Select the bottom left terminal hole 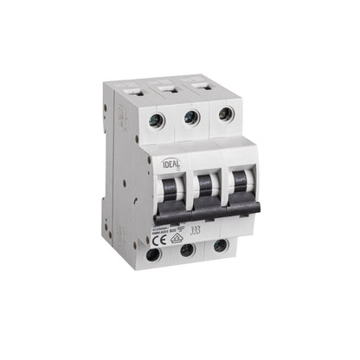[152, 255]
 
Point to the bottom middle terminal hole [185, 251]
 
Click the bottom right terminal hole [220, 247]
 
